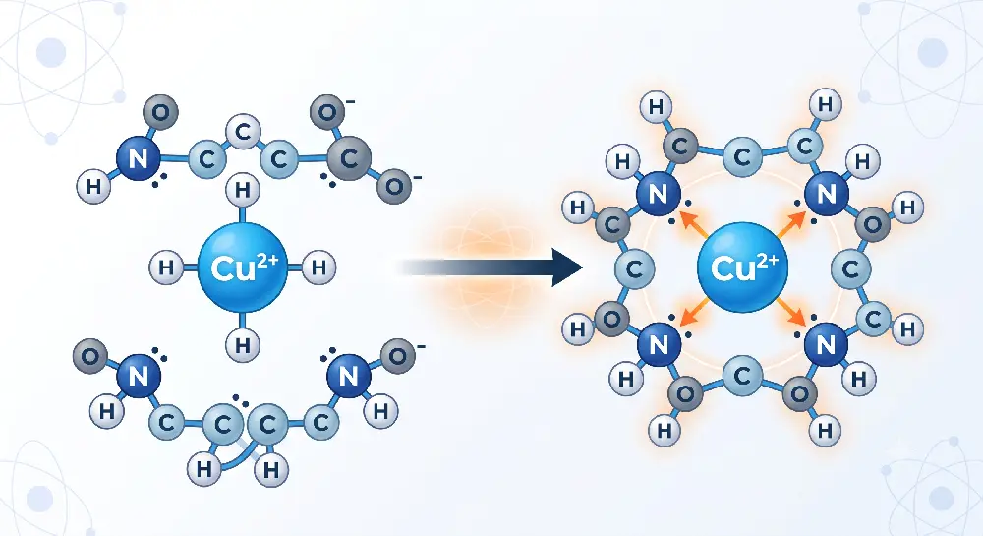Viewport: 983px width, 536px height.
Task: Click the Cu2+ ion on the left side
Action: (242, 268)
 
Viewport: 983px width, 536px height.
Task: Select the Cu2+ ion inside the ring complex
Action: (742, 268)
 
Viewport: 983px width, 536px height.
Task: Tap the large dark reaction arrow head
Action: (567, 268)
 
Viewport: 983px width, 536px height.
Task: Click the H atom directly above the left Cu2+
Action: (243, 191)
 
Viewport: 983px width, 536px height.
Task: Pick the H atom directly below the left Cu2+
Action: (243, 344)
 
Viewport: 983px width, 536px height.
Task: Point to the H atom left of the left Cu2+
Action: (166, 268)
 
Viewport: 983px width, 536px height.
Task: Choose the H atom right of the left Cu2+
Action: (318, 268)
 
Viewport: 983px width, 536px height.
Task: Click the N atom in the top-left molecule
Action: (139, 158)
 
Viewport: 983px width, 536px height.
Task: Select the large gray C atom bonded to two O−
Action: (349, 158)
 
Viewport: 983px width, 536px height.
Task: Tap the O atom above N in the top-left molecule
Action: (160, 113)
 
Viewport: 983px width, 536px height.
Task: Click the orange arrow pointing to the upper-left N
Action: (694, 224)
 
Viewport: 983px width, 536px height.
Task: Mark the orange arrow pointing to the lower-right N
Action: (790, 312)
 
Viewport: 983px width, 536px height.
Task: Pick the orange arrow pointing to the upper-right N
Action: (790, 224)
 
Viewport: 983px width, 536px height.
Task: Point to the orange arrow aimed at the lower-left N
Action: (694, 311)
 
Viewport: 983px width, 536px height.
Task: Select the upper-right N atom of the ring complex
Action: (827, 193)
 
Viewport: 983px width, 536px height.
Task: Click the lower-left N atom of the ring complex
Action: (659, 344)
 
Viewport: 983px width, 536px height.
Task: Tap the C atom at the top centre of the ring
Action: (742, 156)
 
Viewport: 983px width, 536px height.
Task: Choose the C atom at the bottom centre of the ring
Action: (742, 377)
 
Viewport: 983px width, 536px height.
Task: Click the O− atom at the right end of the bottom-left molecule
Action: (398, 357)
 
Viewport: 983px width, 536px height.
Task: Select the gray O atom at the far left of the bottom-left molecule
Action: (90, 357)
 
